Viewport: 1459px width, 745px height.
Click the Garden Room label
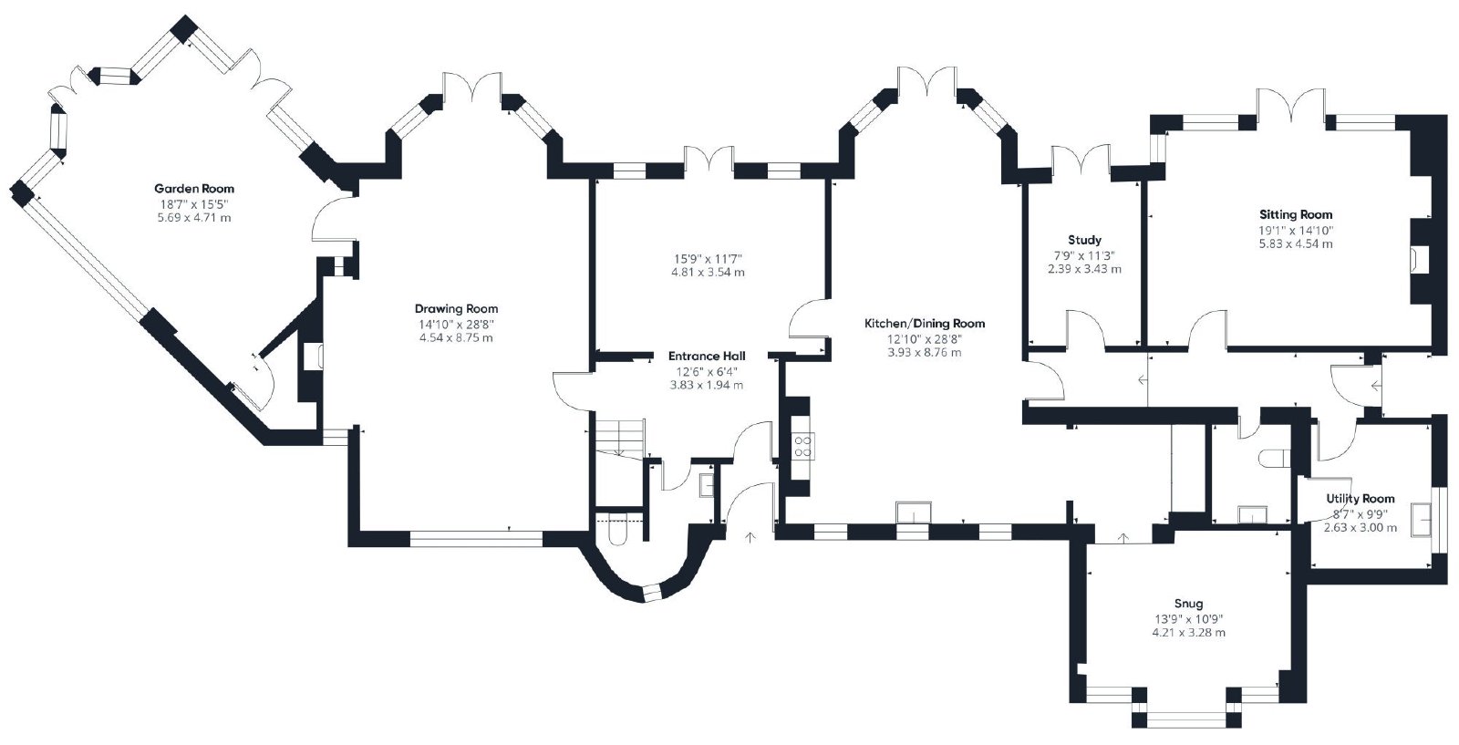click(x=194, y=189)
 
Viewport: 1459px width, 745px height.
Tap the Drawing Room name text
click(x=456, y=309)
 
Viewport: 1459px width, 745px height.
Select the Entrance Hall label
click(x=707, y=357)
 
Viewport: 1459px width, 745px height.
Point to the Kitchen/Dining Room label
click(x=925, y=324)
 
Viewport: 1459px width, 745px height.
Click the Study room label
click(x=1084, y=241)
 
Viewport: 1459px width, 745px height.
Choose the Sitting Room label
click(x=1296, y=215)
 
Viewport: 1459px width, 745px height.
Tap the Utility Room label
click(x=1361, y=499)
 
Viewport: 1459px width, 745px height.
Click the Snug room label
click(x=1189, y=604)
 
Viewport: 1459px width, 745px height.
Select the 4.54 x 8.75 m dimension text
click(x=456, y=338)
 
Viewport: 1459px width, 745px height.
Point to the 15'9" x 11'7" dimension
click(x=708, y=259)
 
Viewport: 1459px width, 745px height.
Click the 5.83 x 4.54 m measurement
click(x=1296, y=244)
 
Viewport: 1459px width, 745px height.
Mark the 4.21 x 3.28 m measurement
click(x=1189, y=632)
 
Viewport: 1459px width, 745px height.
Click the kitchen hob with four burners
click(x=803, y=446)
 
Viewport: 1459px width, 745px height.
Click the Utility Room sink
click(x=1422, y=519)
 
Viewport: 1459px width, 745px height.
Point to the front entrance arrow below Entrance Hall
click(x=750, y=537)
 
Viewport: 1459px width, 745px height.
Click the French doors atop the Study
click(x=1081, y=160)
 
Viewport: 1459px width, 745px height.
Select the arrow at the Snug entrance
click(x=1123, y=539)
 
